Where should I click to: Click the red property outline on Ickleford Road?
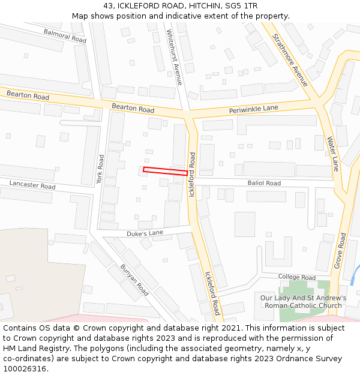point(165,171)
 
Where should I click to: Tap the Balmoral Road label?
point(65,35)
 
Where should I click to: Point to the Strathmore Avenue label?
point(290,59)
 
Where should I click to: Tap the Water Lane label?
point(333,154)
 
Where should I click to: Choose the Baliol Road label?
point(264,183)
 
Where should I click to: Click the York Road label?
point(100,170)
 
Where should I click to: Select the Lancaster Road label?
point(32,186)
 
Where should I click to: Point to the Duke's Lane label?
point(145,233)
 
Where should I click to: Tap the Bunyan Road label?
point(134,280)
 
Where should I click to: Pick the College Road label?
point(296,277)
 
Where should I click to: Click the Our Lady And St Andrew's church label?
point(303,302)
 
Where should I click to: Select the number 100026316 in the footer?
point(25,368)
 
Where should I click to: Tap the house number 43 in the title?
point(108,6)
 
